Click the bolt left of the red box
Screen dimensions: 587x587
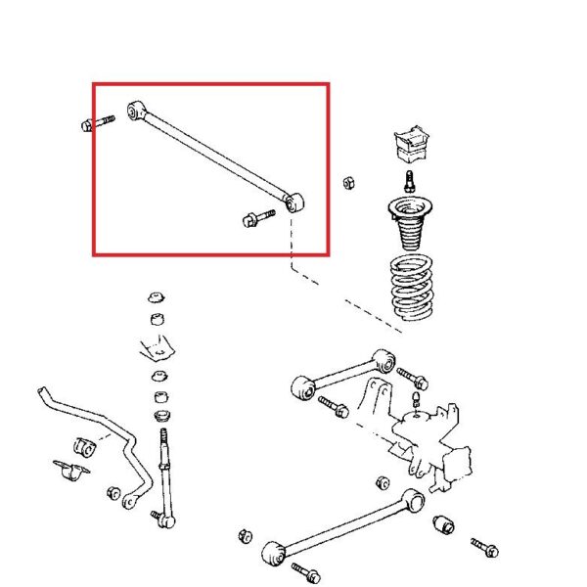click(x=93, y=123)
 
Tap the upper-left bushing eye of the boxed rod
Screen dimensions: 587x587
click(x=135, y=109)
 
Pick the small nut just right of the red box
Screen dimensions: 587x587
click(x=347, y=182)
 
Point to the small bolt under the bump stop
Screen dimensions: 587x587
click(x=409, y=181)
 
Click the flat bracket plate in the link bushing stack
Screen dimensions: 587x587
click(x=156, y=346)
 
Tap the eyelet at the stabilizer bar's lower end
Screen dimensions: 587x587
click(x=127, y=502)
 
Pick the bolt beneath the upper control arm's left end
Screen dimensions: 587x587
click(x=334, y=408)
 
